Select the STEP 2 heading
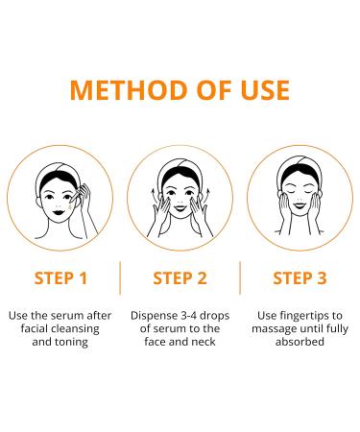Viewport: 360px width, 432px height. pyautogui.click(x=181, y=279)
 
